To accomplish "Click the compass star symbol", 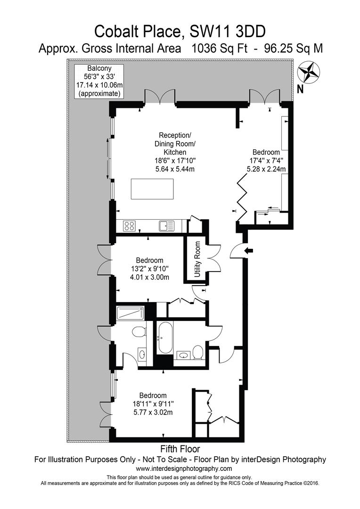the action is [x=309, y=73].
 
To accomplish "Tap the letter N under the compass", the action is [x=300, y=89].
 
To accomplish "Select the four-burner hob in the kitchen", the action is [x=129, y=226].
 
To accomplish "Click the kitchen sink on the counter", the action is [x=166, y=226].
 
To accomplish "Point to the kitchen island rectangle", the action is [x=152, y=189].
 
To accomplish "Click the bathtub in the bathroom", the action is [x=165, y=338].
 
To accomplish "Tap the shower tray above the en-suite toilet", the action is [x=130, y=313].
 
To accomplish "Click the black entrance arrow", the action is [x=249, y=250].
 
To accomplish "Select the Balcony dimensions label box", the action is [x=99, y=81].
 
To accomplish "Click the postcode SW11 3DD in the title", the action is [x=227, y=32].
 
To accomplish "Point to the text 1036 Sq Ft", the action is [x=220, y=49].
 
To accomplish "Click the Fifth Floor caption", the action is [x=180, y=449].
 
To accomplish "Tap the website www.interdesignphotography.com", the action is [x=184, y=468].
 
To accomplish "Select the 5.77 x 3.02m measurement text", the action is [x=153, y=412].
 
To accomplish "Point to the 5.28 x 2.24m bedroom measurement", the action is [x=266, y=169].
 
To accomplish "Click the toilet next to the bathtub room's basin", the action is [x=198, y=353].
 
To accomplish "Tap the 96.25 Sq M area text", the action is [x=294, y=49].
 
